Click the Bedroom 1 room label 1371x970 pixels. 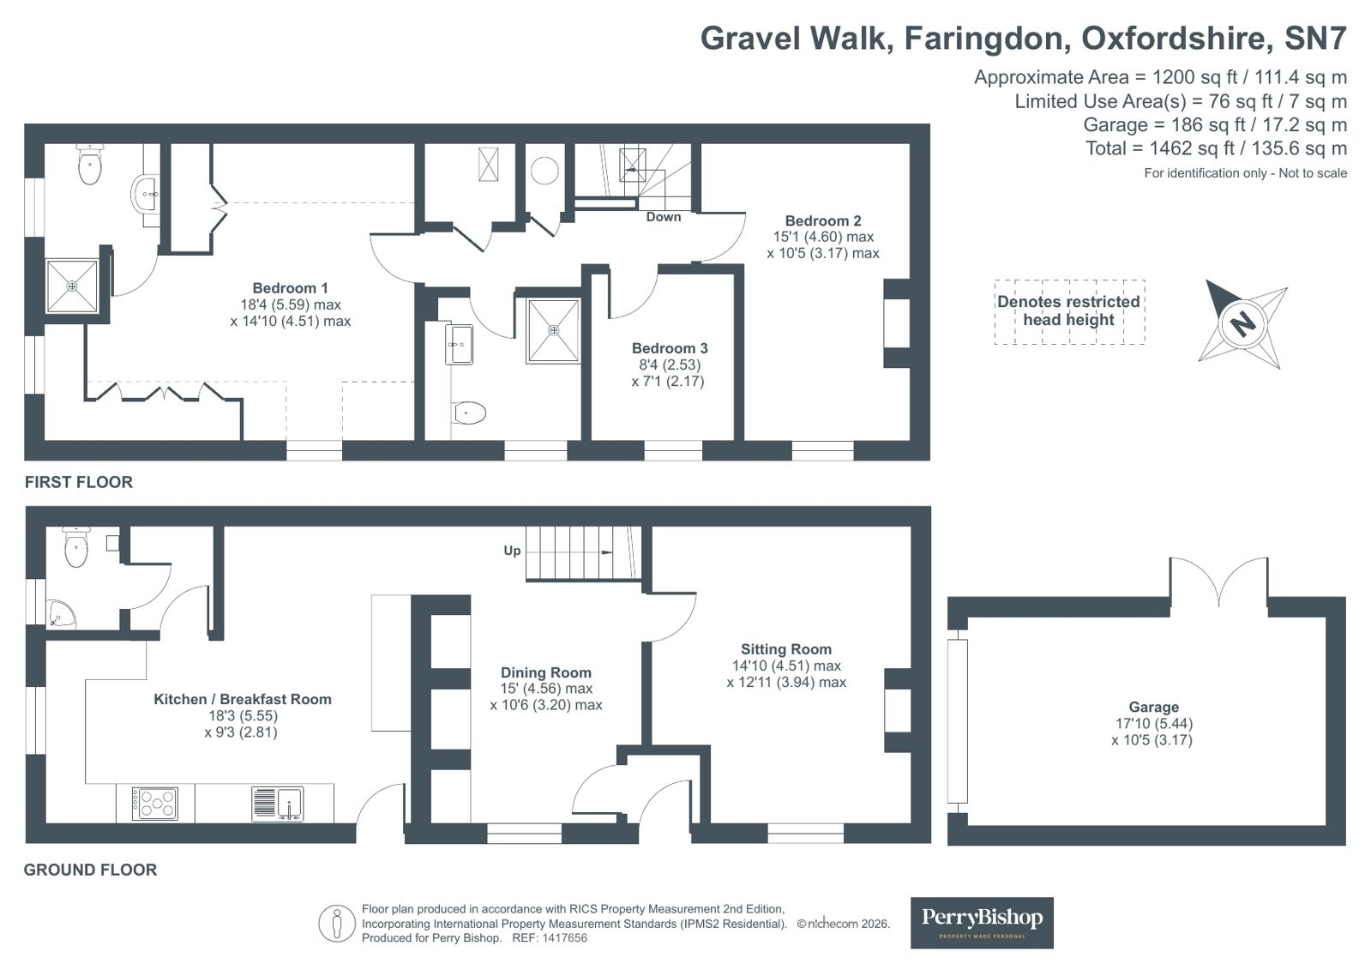tap(290, 288)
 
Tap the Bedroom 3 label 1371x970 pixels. tap(670, 348)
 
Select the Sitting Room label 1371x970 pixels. tap(786, 649)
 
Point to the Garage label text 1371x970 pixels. tap(1154, 707)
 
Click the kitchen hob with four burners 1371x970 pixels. tap(155, 804)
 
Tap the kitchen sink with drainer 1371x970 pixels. tap(277, 804)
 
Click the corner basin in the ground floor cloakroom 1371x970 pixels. tap(60, 613)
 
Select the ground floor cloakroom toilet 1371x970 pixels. tap(76, 546)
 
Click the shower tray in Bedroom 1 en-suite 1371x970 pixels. tap(72, 286)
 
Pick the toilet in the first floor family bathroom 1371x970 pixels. tap(469, 413)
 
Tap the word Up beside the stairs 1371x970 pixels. tap(512, 551)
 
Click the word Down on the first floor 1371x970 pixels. tap(664, 217)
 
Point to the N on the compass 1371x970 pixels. tap(1242, 322)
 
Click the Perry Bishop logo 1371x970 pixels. tap(982, 923)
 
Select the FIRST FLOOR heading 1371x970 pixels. tap(78, 482)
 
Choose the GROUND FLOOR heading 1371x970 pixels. tap(90, 870)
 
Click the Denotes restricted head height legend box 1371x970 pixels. tap(1069, 311)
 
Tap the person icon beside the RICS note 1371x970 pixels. tap(336, 924)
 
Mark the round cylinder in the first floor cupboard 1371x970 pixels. tap(544, 170)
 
